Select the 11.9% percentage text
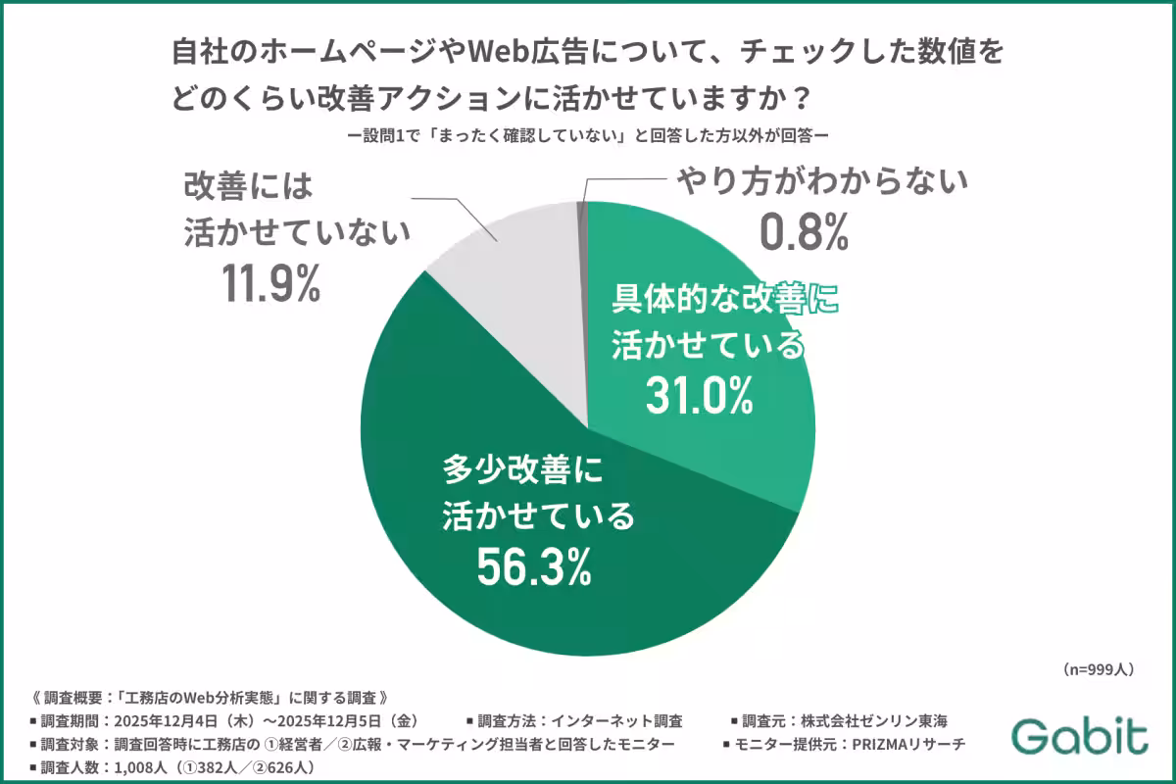(270, 283)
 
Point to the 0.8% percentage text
(804, 231)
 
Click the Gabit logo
(1079, 736)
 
